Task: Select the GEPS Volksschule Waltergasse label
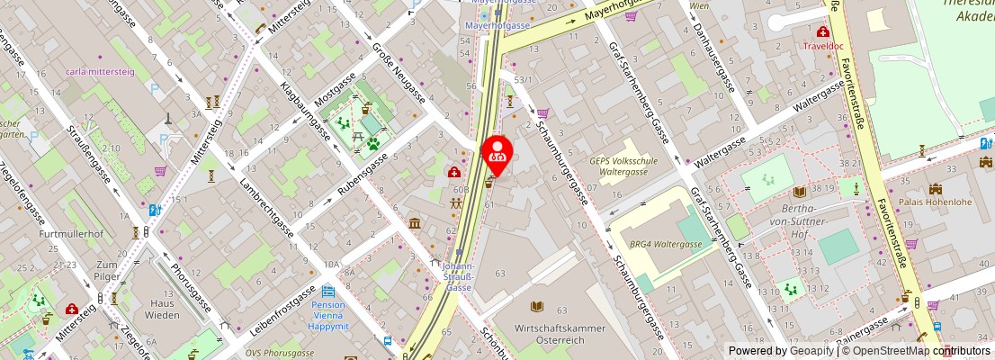[625, 166]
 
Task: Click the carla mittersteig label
[100, 70]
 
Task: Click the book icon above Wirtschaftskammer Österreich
[538, 307]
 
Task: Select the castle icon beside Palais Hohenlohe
[936, 189]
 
